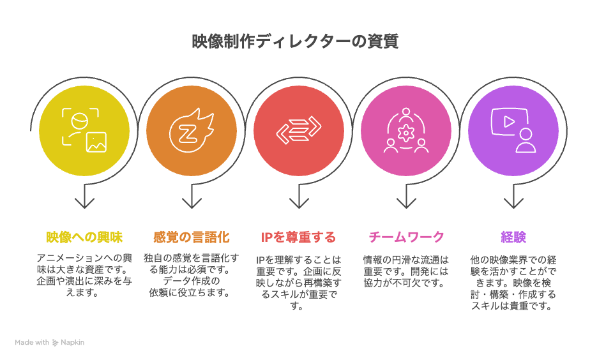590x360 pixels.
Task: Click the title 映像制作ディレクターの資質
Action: tap(295, 41)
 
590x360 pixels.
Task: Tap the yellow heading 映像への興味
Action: tap(84, 237)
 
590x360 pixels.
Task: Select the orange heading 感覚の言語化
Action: tap(192, 237)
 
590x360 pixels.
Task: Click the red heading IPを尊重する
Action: tap(298, 237)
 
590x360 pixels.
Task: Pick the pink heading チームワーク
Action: tap(406, 237)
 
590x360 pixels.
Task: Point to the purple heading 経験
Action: tap(513, 237)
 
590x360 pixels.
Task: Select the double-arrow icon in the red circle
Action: tap(299, 131)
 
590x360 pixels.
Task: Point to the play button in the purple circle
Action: tap(509, 121)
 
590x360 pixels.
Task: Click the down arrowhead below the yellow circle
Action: tap(84, 203)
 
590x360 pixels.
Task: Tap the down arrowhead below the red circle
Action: tap(299, 203)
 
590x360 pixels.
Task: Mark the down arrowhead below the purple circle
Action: tap(513, 203)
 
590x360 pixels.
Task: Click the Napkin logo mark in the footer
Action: tap(55, 343)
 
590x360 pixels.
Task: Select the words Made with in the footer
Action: tap(32, 342)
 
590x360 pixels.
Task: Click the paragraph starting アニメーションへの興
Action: tap(84, 275)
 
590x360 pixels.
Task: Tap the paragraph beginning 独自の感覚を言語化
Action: tap(192, 275)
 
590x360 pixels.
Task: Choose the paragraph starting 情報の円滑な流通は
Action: tap(406, 271)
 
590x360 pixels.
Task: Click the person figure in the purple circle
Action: tap(526, 140)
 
